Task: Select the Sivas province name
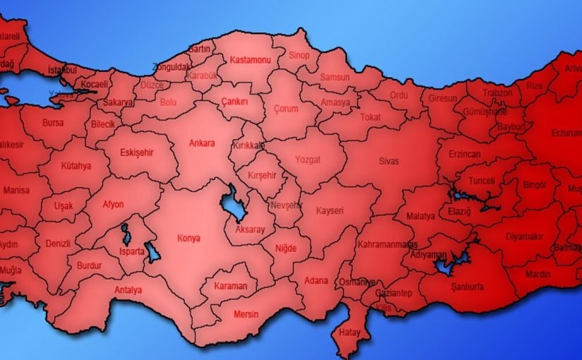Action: click(x=388, y=161)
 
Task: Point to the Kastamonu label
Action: click(x=250, y=61)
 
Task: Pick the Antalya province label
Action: click(x=128, y=289)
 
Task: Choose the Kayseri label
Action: click(x=329, y=210)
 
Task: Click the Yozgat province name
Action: click(x=308, y=160)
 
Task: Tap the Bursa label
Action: click(x=53, y=122)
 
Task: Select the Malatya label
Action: click(x=420, y=216)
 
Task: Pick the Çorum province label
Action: click(x=286, y=109)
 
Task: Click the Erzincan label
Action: click(x=464, y=154)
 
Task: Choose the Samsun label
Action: click(x=334, y=77)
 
